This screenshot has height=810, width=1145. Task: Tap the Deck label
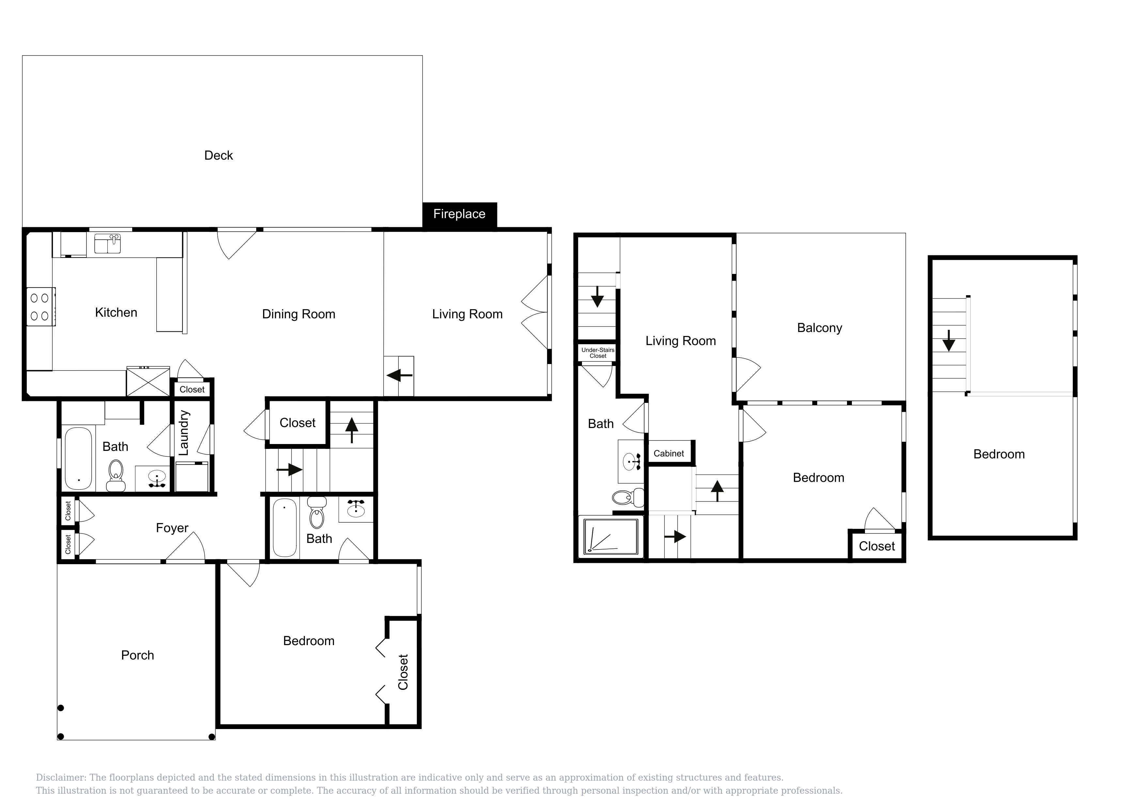218,156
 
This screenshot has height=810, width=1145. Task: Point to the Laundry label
183,433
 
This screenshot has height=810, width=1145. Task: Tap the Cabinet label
669,453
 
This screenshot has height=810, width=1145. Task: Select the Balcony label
819,328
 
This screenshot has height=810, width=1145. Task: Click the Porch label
138,655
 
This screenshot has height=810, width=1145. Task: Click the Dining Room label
299,314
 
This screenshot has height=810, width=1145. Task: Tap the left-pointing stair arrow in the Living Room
400,375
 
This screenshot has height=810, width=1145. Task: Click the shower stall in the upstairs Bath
611,536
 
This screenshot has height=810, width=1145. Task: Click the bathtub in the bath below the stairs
285,527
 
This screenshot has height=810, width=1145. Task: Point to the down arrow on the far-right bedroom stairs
949,341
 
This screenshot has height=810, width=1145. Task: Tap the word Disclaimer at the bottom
60,778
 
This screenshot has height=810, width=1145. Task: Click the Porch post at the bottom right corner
212,737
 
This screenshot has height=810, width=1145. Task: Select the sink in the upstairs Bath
631,461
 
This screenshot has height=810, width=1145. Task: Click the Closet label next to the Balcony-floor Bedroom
877,547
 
